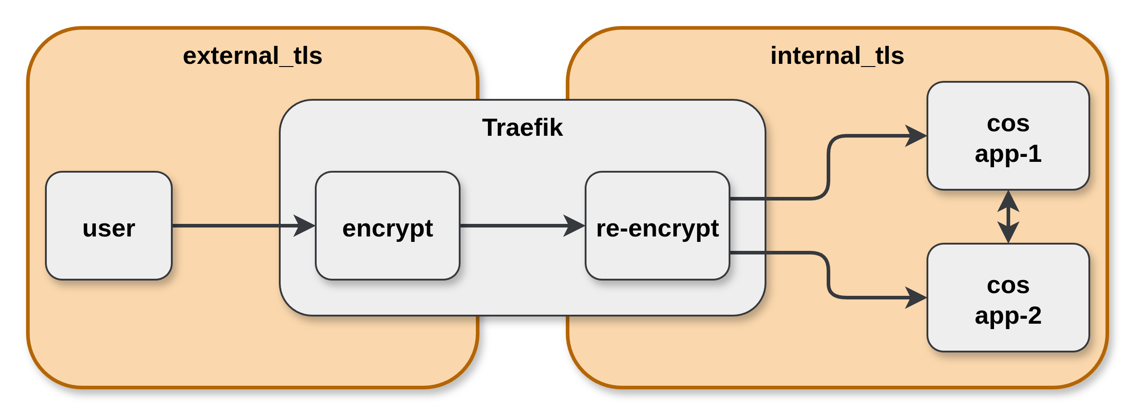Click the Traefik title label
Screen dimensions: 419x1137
(522, 128)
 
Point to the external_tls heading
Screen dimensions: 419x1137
(252, 56)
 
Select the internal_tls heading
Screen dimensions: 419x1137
(837, 56)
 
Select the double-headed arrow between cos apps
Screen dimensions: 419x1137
(1008, 217)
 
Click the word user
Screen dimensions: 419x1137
(108, 228)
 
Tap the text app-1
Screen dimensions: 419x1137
(1008, 154)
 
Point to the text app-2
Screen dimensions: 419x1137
(1008, 316)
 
